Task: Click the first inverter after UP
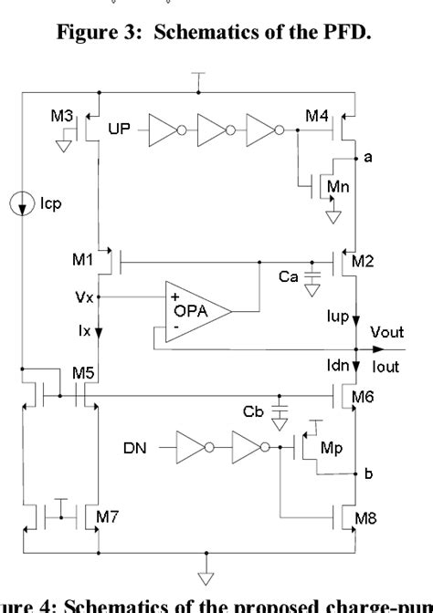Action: pos(167,130)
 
